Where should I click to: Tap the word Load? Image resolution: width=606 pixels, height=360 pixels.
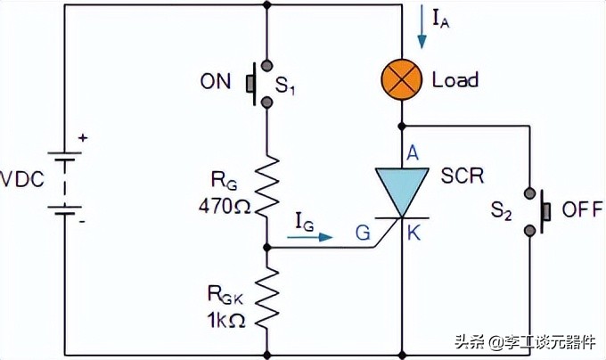455,79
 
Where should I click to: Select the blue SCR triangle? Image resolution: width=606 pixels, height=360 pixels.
401,190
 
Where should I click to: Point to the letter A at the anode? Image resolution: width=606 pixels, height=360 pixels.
413,152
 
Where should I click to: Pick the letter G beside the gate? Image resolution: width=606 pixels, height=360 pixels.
363,233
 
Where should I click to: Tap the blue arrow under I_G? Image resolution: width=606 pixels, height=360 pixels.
314,237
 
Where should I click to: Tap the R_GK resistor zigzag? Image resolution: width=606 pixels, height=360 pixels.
267,299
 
